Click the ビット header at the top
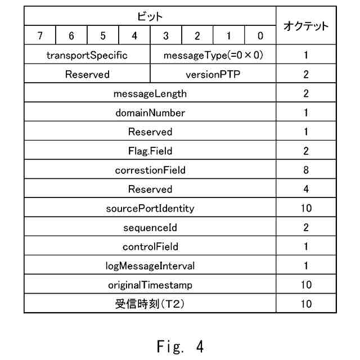click(x=150, y=17)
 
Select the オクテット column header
click(x=306, y=26)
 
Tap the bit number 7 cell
click(x=40, y=36)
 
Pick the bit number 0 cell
click(x=260, y=36)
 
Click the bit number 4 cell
click(x=134, y=36)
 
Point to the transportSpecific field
click(x=87, y=55)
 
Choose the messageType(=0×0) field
click(x=213, y=55)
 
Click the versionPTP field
click(x=213, y=74)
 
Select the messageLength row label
click(x=150, y=93)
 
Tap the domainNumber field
click(x=150, y=112)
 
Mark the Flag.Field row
click(x=150, y=151)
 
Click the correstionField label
click(x=150, y=170)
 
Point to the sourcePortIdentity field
click(x=150, y=208)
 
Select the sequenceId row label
click(x=150, y=227)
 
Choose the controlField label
click(x=150, y=246)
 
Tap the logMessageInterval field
click(x=150, y=265)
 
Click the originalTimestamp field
click(x=150, y=285)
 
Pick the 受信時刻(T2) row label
click(x=150, y=304)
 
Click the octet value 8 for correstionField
click(x=306, y=170)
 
